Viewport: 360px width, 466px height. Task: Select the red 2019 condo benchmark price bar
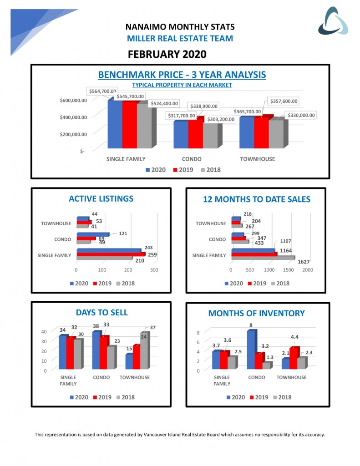(195, 133)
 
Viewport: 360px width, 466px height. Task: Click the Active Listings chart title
(101, 198)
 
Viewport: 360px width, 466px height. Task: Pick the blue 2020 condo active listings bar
(92, 235)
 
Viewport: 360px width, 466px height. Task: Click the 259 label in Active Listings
(152, 254)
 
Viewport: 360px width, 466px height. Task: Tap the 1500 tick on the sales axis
(288, 269)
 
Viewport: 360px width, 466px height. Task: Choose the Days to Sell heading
(101, 312)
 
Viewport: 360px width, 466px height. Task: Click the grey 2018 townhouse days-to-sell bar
(144, 351)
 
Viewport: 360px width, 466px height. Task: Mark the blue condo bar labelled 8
(251, 349)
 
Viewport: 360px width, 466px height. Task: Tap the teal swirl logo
(333, 21)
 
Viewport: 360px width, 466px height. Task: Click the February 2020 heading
(167, 54)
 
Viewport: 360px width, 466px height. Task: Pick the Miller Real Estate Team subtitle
(180, 39)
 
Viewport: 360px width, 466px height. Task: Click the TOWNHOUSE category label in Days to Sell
(135, 377)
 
